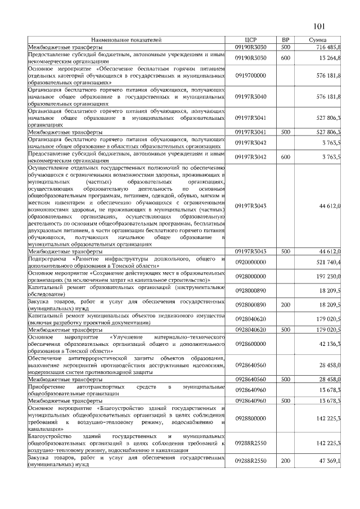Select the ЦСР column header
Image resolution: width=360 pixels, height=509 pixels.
(x=251, y=40)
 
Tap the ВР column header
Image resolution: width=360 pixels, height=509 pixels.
(x=285, y=40)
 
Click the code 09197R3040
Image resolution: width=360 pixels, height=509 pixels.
(x=251, y=97)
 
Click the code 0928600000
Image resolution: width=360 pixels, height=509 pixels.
(x=251, y=343)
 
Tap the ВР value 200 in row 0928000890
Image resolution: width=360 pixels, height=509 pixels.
(x=285, y=304)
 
